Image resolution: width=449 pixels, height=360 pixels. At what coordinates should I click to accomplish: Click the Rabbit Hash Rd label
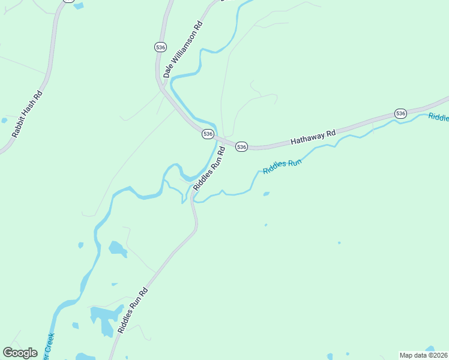[28, 114]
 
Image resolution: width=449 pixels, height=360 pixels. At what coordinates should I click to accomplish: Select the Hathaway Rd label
[313, 136]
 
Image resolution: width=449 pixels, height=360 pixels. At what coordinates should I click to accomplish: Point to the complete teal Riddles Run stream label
[282, 166]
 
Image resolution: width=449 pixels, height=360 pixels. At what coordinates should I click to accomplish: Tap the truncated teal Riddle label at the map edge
[438, 117]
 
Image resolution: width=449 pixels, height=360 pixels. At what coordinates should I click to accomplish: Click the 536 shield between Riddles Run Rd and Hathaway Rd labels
[241, 146]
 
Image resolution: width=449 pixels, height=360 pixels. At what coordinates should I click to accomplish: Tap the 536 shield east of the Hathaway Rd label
[400, 113]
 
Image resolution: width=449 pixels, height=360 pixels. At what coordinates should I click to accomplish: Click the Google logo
[20, 352]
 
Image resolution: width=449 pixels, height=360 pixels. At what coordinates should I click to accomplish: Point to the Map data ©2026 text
[423, 355]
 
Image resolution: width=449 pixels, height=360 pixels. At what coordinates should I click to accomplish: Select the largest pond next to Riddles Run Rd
[103, 319]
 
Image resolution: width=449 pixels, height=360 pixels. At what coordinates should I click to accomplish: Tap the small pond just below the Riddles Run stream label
[266, 194]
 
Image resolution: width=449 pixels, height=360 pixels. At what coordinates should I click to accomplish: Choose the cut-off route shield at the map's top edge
[69, 1]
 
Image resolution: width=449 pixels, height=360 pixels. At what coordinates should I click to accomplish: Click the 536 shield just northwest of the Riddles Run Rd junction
[208, 134]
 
